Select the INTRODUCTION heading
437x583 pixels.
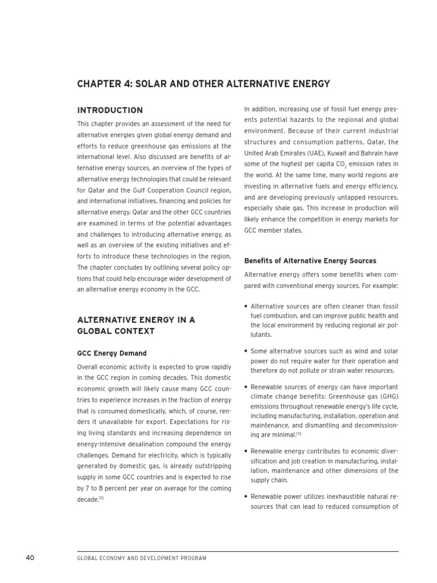pyautogui.click(x=110, y=110)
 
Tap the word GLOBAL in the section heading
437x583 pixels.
pyautogui.click(x=93, y=331)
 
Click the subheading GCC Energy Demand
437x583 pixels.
pyautogui.click(x=112, y=353)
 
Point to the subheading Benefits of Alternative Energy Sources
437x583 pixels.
pyautogui.click(x=310, y=261)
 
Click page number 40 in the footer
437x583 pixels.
pyautogui.click(x=30, y=557)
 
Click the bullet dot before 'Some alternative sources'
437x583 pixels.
pyautogui.click(x=245, y=351)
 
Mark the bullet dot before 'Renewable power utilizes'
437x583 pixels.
pyautogui.click(x=245, y=497)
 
